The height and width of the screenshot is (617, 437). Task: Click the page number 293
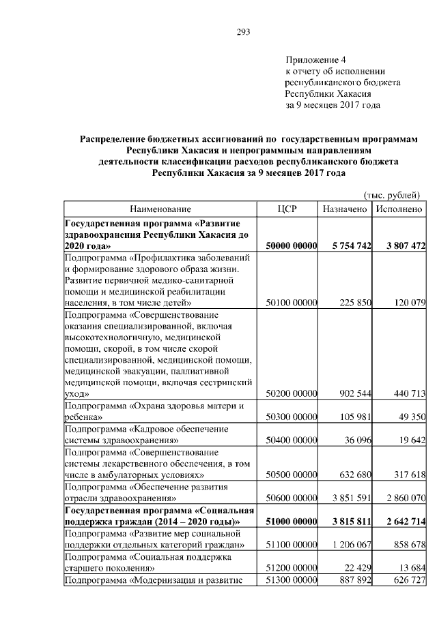244,32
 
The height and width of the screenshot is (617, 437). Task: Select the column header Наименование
160,209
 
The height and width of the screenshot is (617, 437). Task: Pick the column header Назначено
346,209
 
